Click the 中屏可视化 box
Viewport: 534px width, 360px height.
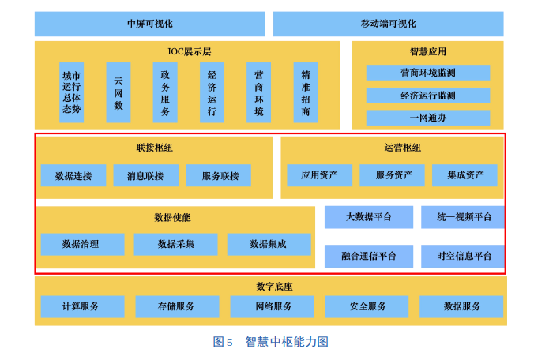(149, 24)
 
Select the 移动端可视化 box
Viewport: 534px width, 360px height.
(388, 24)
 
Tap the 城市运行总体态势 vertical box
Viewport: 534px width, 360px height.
(72, 92)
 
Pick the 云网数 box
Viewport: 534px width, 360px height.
(118, 92)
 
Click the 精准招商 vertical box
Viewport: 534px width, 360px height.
(306, 92)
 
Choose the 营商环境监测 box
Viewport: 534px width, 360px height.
(427, 73)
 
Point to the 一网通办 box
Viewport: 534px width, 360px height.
(427, 118)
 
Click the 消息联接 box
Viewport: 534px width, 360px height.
(145, 175)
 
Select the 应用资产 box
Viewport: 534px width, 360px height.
(319, 175)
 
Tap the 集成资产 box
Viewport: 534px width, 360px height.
(465, 175)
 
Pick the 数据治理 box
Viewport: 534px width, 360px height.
(82, 244)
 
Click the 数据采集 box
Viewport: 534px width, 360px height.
(175, 244)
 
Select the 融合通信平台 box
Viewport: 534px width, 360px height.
(368, 256)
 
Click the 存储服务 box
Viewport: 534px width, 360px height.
(175, 306)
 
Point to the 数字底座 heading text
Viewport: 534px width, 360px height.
(271, 286)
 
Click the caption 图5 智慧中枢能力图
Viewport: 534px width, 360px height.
(271, 342)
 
